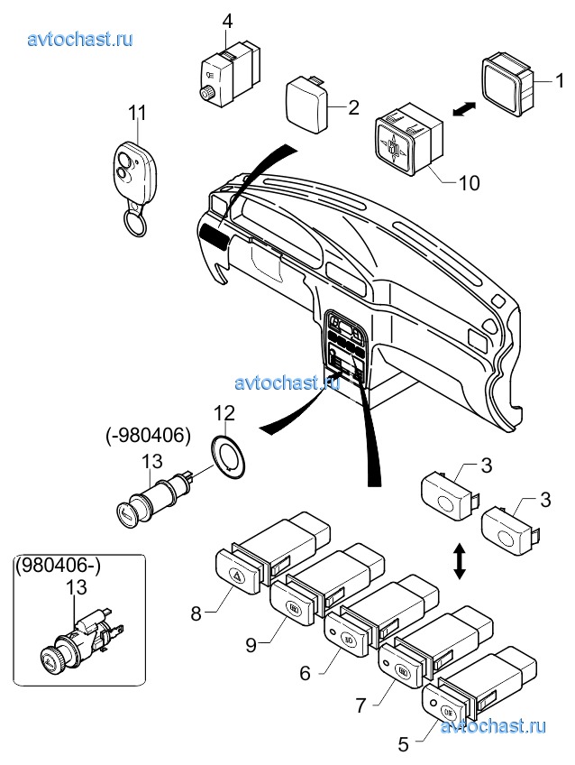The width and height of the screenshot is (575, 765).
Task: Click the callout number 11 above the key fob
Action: tap(137, 112)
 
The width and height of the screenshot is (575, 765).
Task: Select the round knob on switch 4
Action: tap(205, 92)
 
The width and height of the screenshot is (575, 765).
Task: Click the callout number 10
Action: tap(470, 183)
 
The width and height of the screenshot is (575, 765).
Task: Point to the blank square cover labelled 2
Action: tap(306, 104)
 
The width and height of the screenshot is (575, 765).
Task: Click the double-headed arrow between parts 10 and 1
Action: tap(464, 108)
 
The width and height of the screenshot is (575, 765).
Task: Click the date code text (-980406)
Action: tap(148, 435)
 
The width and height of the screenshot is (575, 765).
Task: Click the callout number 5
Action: tap(403, 744)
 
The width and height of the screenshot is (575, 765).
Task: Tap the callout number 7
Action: tap(361, 705)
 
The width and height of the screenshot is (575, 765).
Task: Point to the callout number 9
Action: tap(251, 644)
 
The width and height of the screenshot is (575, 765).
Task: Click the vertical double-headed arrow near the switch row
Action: tap(458, 562)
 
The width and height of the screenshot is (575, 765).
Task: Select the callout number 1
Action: tap(560, 80)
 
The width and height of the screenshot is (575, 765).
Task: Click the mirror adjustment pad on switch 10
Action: tap(393, 146)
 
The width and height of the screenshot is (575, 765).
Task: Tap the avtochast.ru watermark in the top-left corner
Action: tap(80, 39)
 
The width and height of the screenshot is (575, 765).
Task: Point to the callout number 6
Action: tap(305, 673)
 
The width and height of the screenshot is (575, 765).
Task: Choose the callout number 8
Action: tap(196, 613)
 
